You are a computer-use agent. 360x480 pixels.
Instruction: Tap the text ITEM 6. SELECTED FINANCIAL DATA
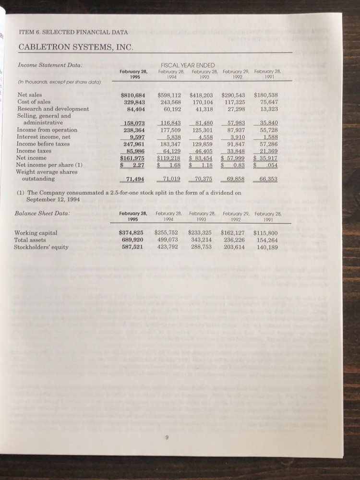pos(73,32)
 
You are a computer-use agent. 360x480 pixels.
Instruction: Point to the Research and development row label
pos(52,109)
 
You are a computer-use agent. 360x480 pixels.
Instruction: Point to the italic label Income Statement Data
pos(50,65)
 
